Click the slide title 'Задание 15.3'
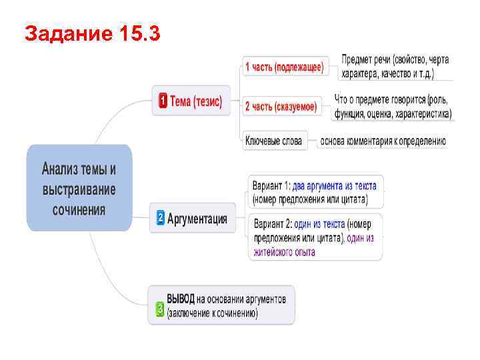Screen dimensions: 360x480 click(91, 33)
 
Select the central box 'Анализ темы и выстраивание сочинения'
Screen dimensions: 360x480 click(79, 188)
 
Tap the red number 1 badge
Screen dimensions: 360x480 click(162, 101)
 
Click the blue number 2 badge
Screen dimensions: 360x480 click(160, 218)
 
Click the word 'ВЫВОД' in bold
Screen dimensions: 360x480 click(181, 299)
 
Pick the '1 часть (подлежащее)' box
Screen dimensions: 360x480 click(285, 67)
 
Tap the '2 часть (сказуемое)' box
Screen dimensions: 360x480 click(281, 105)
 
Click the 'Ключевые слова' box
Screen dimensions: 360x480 click(273, 141)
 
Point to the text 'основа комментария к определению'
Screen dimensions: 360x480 click(383, 141)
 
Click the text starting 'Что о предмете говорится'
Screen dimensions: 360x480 click(393, 107)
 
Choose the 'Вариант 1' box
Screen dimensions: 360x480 click(315, 192)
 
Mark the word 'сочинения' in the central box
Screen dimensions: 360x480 click(79, 209)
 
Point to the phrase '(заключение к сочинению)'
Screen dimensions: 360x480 click(213, 313)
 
